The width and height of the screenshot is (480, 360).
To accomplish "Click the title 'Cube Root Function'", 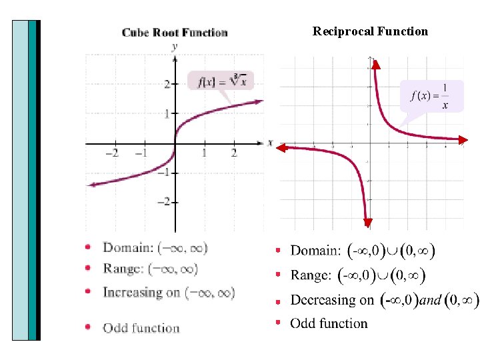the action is [175, 33].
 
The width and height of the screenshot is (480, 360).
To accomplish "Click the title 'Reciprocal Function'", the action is [370, 31].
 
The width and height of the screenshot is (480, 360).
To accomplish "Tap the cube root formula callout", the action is [222, 81].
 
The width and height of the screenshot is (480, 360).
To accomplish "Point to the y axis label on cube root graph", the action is [175, 46].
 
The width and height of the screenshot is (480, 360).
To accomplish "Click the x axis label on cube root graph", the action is [270, 142].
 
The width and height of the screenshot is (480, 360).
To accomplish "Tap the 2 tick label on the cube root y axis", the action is [167, 84].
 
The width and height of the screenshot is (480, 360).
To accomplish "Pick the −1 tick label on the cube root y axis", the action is [164, 173].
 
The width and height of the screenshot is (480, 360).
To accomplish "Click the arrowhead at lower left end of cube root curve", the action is [91, 185].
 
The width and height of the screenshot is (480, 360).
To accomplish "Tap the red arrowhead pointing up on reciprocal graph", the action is [375, 65].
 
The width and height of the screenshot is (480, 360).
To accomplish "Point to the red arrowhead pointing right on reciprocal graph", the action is [461, 139].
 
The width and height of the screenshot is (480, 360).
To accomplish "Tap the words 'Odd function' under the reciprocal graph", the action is [329, 324].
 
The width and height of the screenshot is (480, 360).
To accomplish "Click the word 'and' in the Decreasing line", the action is [430, 301].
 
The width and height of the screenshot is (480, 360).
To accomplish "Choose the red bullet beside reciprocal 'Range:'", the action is [279, 275].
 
